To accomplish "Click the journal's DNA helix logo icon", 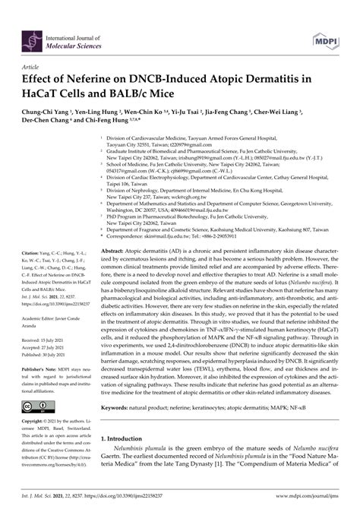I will coord(33,40).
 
